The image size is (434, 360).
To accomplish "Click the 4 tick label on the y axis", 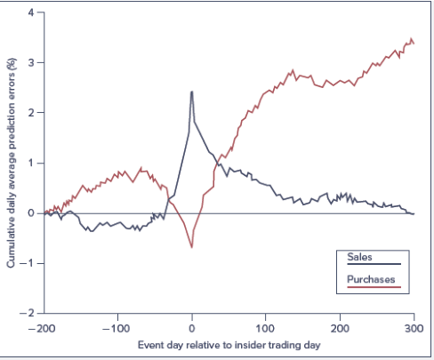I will [29, 12].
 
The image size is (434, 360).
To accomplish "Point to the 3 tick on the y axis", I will [29, 63].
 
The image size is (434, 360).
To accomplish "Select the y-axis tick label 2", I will [29, 113].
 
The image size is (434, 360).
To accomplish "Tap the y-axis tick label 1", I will [29, 163].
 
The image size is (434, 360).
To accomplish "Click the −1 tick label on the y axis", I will [27, 263].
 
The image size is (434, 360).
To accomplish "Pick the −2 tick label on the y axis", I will [27, 313].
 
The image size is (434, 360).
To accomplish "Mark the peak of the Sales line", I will [191, 92].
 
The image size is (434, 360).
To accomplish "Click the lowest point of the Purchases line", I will [192, 246].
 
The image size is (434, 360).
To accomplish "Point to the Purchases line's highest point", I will [411, 39].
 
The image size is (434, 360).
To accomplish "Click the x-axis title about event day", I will [228, 343].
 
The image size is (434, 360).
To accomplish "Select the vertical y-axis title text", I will [10, 164].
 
